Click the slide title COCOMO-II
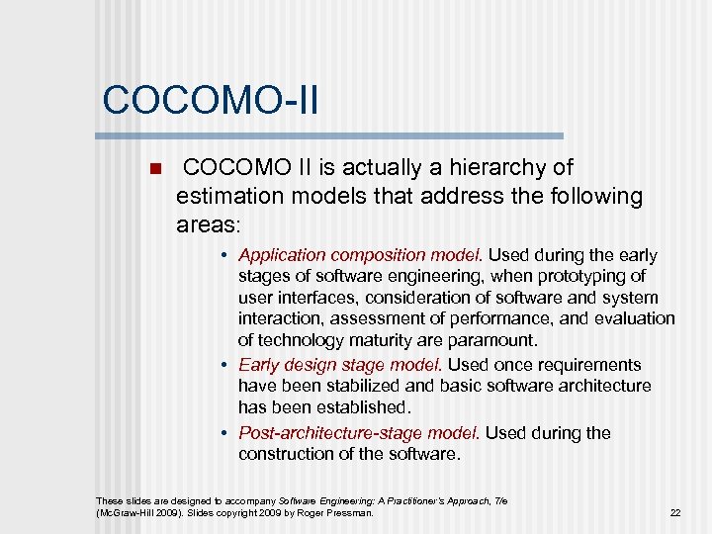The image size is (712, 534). pyautogui.click(x=210, y=101)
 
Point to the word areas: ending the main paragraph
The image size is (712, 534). pyautogui.click(x=208, y=224)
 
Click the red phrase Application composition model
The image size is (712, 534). pyautogui.click(x=361, y=255)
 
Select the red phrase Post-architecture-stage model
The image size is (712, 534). pyautogui.click(x=360, y=433)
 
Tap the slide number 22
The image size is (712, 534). pyautogui.click(x=675, y=512)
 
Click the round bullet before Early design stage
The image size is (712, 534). pyautogui.click(x=226, y=365)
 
